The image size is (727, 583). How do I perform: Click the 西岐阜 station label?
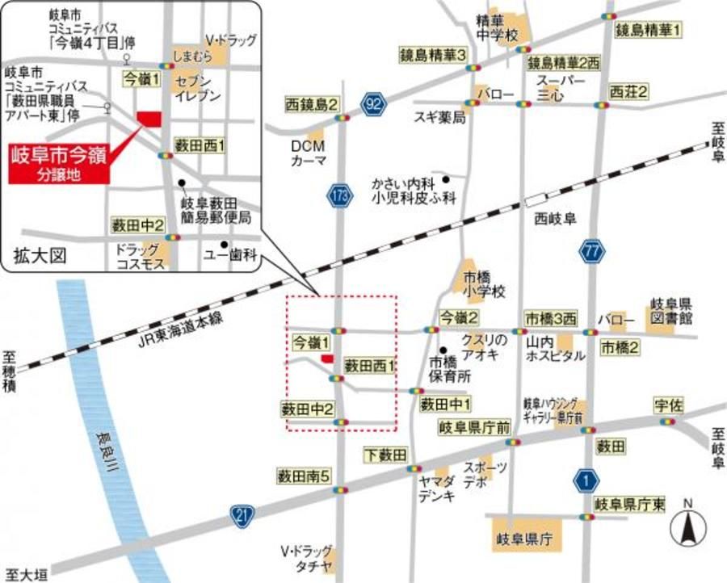[553, 219]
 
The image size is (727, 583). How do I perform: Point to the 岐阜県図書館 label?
[671, 312]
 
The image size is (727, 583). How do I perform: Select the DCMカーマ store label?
[309, 153]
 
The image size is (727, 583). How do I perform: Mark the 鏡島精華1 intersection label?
[648, 31]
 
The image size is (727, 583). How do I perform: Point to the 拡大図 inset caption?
[37, 256]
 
